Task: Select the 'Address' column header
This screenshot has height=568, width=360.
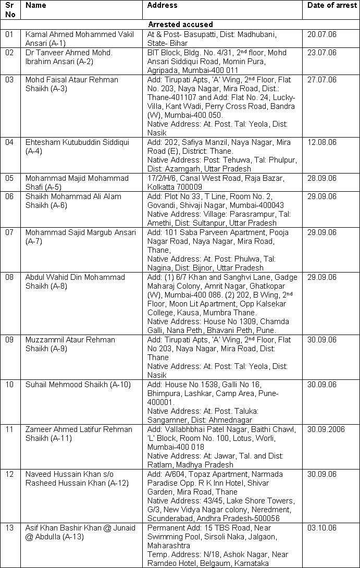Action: [x=162, y=5]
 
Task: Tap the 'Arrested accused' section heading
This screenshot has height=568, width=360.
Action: [x=180, y=24]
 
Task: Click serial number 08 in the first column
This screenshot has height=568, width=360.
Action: [x=9, y=277]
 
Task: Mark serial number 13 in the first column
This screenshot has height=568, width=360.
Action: [x=9, y=528]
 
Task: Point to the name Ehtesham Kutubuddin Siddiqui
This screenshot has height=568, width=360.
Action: [x=73, y=146]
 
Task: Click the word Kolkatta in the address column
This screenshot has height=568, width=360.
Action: [x=163, y=187]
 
